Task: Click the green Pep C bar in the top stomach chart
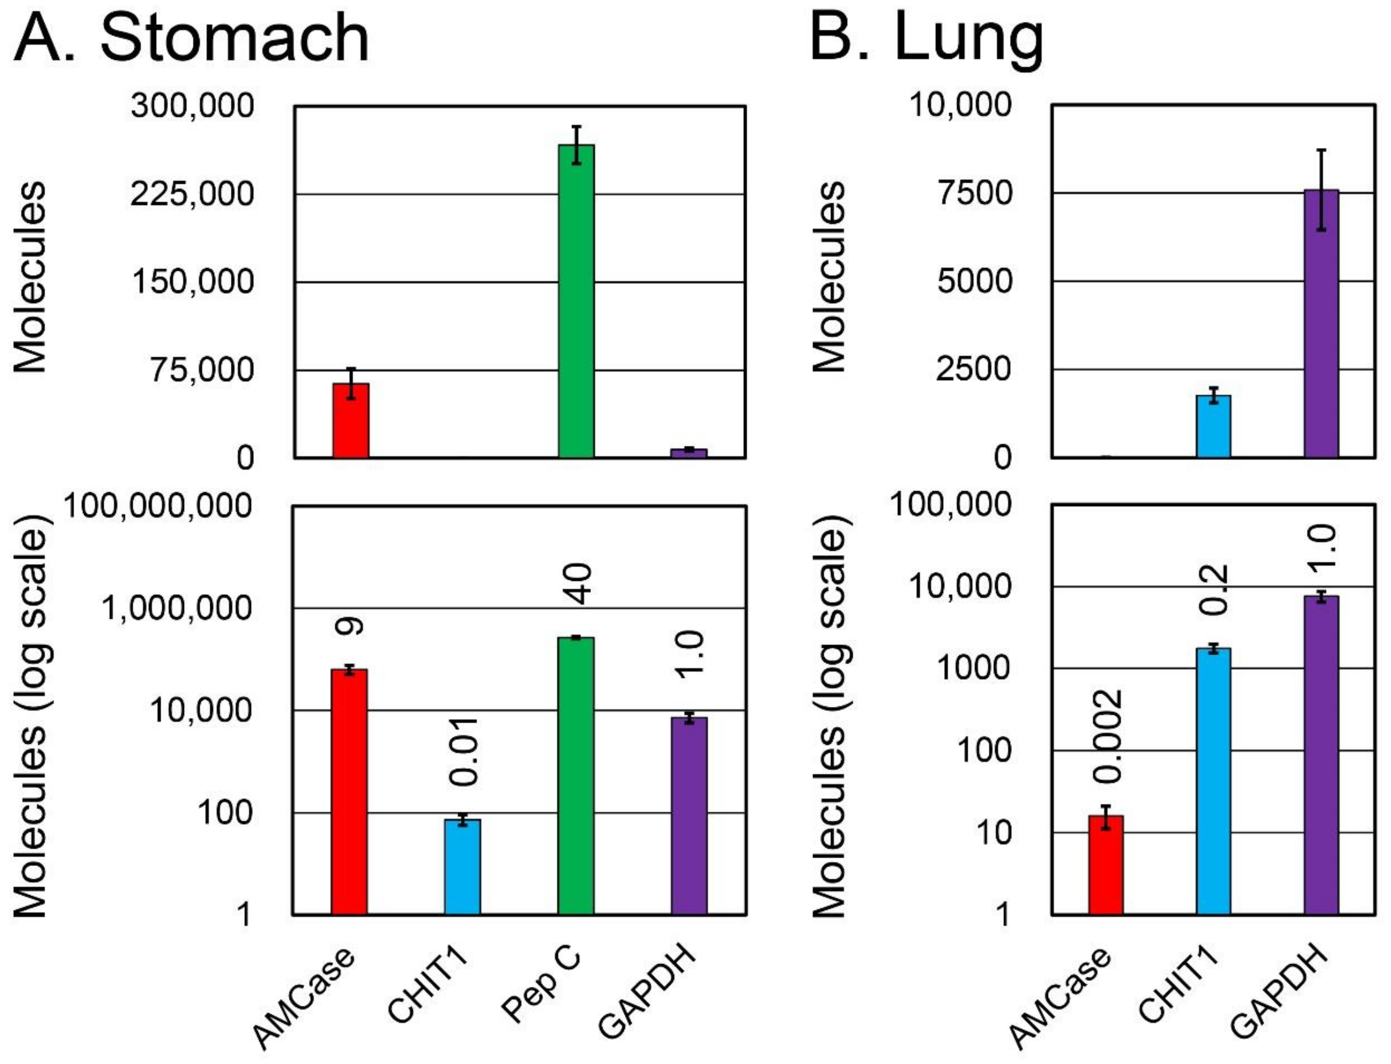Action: (x=576, y=301)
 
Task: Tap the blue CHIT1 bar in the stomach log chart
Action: (x=462, y=867)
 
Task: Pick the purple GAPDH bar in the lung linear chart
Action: (x=1321, y=323)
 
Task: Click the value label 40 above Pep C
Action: (x=578, y=583)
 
